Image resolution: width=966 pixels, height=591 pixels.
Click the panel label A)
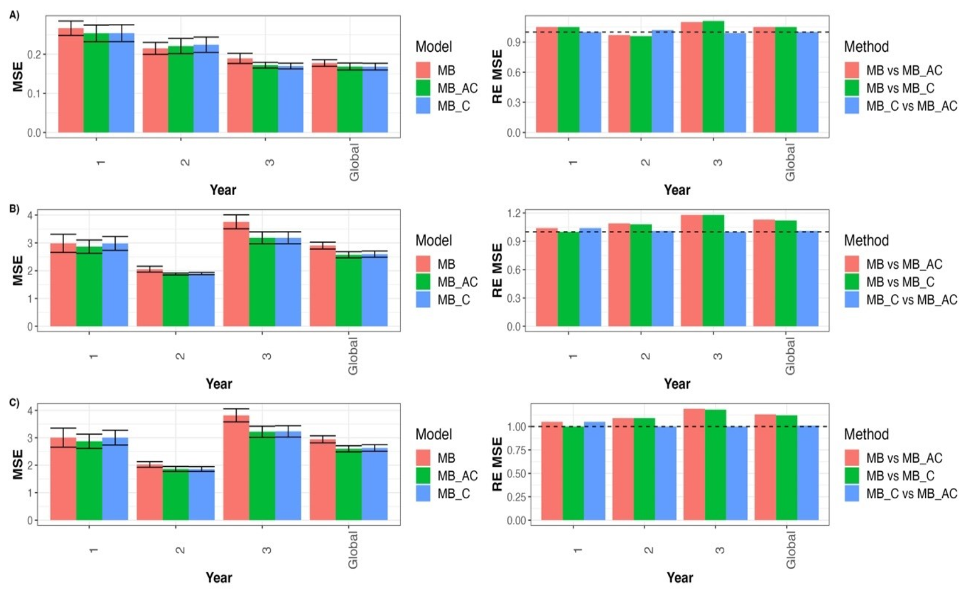point(14,16)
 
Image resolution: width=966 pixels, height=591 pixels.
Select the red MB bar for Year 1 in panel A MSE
point(71,82)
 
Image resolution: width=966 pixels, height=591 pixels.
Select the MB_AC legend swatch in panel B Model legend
point(423,282)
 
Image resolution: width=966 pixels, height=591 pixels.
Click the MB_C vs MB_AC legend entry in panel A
point(911,106)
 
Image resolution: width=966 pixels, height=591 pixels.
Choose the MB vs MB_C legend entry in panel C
point(900,476)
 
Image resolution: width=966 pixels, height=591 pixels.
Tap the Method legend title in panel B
point(866,240)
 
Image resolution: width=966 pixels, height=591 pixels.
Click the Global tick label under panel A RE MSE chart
point(790,162)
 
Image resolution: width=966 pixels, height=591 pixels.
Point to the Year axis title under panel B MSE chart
point(219,384)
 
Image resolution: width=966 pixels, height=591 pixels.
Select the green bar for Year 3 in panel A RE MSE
point(713,78)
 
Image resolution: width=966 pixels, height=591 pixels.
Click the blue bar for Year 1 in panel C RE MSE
point(594,472)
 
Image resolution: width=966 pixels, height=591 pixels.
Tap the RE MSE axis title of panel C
point(497,464)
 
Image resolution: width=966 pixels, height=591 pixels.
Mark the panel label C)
point(14,403)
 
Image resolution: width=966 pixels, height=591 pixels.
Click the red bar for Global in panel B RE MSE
point(764,273)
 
